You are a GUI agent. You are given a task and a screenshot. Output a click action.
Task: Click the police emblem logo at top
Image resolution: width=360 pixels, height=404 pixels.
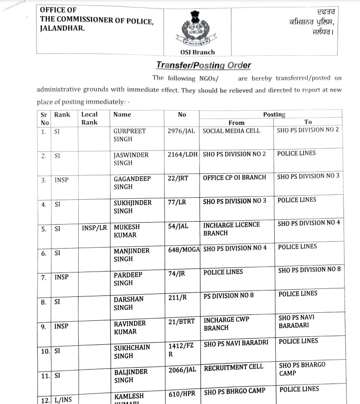pos(197,30)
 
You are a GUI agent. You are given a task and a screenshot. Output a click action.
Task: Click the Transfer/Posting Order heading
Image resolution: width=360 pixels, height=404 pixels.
pos(203,65)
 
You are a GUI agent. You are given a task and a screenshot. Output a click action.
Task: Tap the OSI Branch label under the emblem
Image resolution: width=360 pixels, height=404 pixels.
pos(197,52)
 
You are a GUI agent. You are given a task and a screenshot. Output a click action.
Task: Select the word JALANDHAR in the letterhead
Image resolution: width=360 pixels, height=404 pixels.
pos(62,28)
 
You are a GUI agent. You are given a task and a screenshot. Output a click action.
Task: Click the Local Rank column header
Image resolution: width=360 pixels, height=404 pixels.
pos(90,118)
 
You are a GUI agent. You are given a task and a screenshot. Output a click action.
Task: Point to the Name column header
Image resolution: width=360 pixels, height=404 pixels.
pos(123,114)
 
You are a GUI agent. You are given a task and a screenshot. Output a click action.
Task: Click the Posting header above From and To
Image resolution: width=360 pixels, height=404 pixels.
pos(274,115)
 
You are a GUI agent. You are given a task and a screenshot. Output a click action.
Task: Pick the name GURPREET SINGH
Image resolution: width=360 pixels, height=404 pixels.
pos(130,135)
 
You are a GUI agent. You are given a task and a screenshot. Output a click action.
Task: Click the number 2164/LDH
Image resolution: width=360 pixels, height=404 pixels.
pos(183,154)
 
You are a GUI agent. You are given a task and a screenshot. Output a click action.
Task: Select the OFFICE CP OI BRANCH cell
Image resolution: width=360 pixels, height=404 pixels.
pos(234,177)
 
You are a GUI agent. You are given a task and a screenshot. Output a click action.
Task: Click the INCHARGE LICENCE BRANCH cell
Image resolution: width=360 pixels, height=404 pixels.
pos(231,229)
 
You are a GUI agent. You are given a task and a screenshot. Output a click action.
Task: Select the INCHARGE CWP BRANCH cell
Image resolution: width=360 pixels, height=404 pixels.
pos(226,323)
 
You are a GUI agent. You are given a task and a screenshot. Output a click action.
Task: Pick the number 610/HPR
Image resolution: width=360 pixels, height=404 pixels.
pos(182,394)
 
